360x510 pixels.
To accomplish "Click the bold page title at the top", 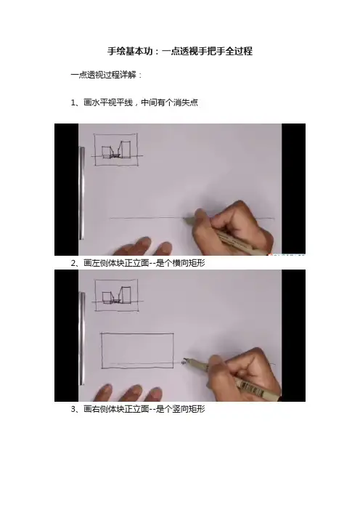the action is [x=180, y=51].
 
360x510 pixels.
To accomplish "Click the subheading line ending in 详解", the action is [x=107, y=75].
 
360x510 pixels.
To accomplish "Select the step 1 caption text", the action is [x=134, y=102].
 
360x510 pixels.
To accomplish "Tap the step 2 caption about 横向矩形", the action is [x=138, y=263].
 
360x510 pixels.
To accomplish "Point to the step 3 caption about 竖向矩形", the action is [x=138, y=409].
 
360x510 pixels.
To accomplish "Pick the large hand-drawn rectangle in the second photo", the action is [x=137, y=351].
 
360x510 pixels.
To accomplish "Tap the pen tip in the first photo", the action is [x=184, y=218].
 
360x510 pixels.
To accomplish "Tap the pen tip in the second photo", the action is [x=184, y=360].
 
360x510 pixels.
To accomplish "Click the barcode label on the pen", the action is [x=252, y=389].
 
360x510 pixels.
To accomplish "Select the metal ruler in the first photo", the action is [x=82, y=193].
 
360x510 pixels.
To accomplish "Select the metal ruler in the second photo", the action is [x=82, y=339].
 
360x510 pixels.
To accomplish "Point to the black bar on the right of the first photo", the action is [x=293, y=190].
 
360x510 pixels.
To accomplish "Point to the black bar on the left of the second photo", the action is [x=66, y=336].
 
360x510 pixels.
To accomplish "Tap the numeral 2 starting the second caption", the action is [x=73, y=263].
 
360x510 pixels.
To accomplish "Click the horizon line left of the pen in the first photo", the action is [x=146, y=218].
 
